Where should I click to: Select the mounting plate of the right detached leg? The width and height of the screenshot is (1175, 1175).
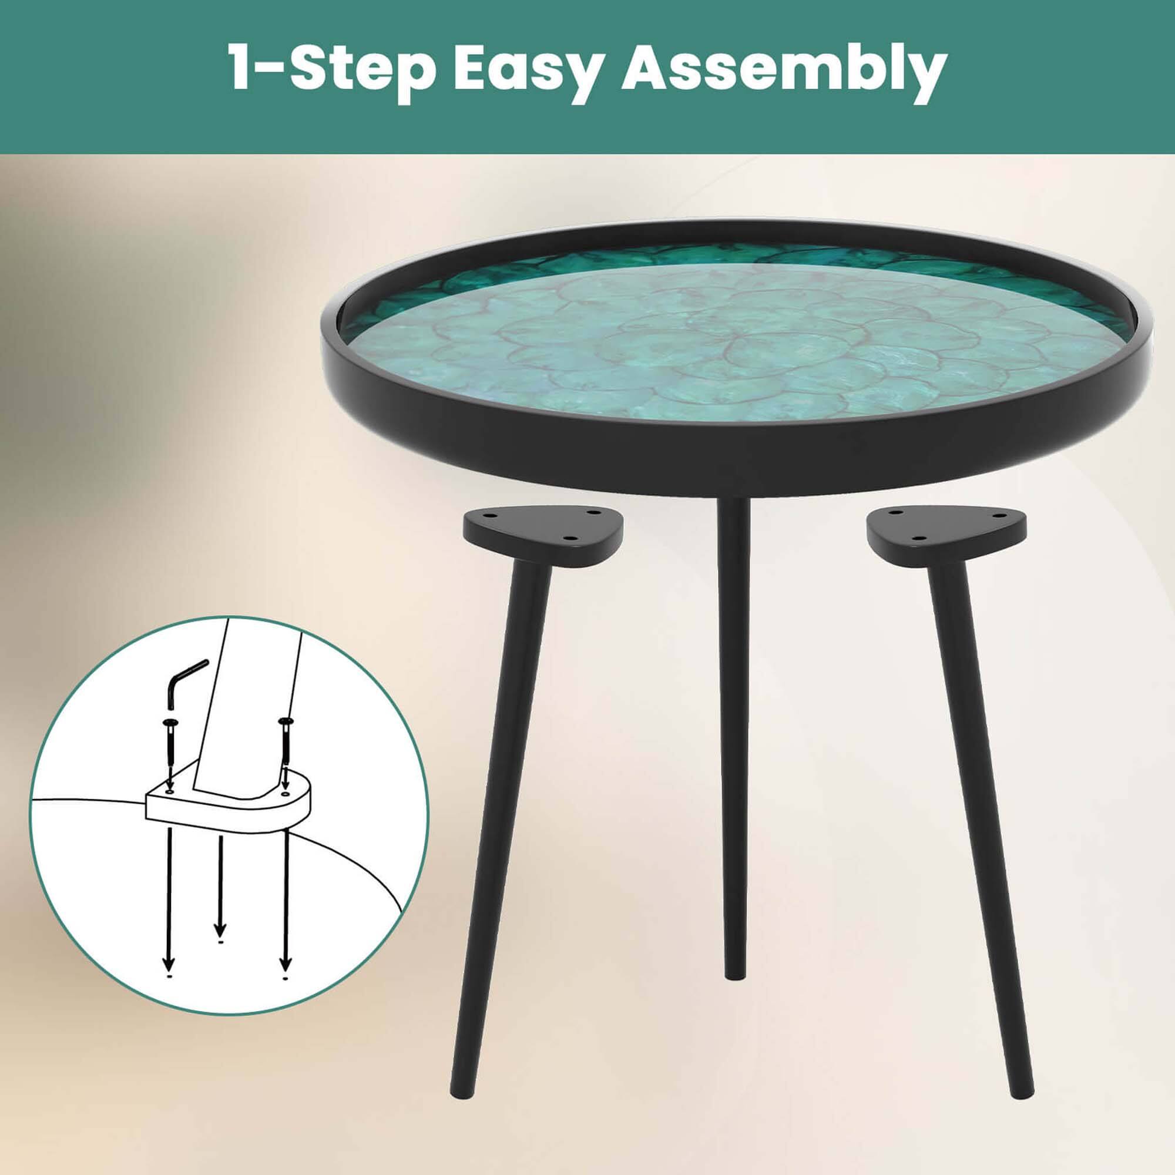(946, 528)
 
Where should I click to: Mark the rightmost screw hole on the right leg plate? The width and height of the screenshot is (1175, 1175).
(997, 516)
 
